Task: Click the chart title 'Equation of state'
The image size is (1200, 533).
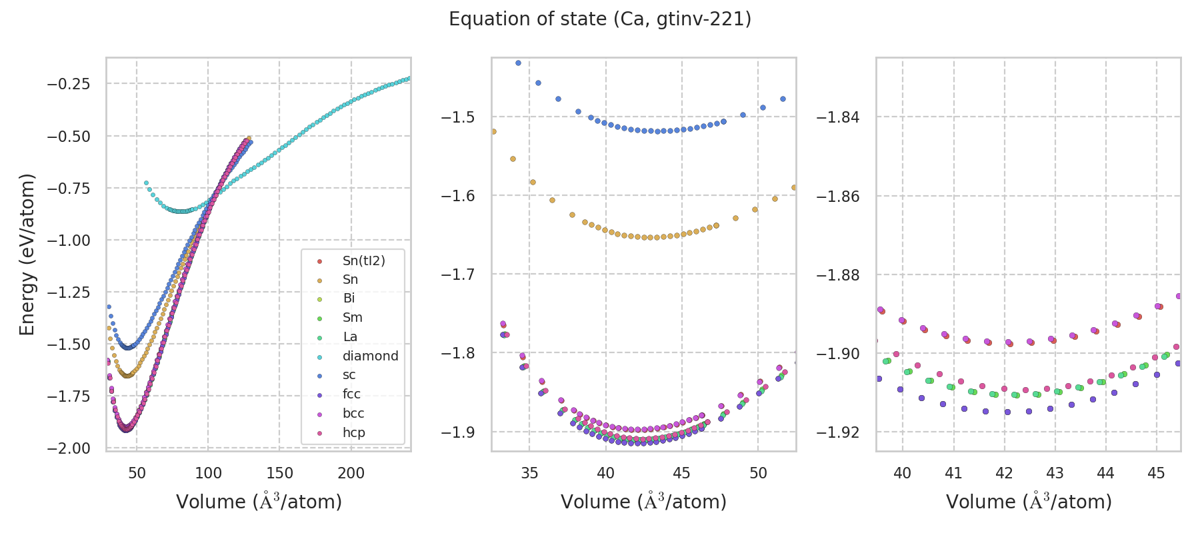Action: (600, 19)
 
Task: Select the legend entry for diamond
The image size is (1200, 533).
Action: (370, 356)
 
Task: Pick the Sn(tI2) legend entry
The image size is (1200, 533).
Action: (363, 261)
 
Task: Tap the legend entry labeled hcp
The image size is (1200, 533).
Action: (353, 432)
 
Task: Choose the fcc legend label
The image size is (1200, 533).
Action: (351, 394)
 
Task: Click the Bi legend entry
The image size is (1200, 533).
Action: (349, 298)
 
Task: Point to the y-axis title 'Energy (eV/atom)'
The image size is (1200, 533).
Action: (27, 254)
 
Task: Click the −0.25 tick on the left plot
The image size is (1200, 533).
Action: (68, 84)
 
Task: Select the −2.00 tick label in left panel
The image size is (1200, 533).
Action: (68, 448)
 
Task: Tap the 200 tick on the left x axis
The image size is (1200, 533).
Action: (351, 473)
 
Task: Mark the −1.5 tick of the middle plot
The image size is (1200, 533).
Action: (457, 117)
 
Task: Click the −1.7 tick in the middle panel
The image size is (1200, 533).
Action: (457, 274)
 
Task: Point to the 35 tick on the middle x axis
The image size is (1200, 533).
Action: (529, 473)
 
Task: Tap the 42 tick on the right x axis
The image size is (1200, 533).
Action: (1004, 473)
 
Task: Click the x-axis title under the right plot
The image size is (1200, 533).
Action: (1029, 502)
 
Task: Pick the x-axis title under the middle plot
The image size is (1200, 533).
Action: (643, 502)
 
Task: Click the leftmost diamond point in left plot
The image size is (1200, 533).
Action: (146, 183)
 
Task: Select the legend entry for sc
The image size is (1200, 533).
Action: (349, 375)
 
